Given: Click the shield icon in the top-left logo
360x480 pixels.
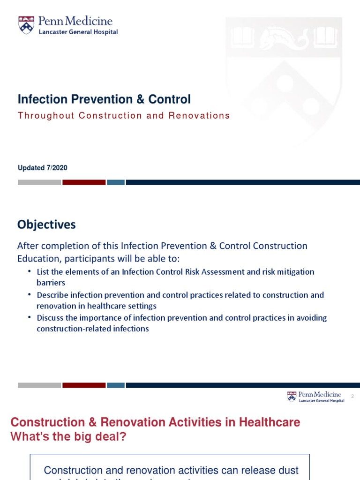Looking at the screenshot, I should point(26,25).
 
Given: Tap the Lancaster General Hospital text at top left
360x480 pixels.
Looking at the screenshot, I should point(78,32).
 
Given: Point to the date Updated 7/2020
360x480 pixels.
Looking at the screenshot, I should point(42,168).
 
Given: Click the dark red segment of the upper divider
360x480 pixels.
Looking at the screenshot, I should point(84,182).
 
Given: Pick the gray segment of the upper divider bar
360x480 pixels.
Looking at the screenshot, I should point(39,182).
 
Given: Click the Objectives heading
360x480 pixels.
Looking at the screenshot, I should point(46,225).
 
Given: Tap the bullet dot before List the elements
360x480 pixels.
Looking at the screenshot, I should point(30,271).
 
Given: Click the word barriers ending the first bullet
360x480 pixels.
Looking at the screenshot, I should point(51,283).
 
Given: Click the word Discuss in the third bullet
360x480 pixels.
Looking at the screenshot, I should point(50,318).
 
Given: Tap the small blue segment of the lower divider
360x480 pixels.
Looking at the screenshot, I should point(115,385).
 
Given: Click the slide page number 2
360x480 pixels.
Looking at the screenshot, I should point(352,397).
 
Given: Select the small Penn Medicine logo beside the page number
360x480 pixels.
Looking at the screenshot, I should point(315,397).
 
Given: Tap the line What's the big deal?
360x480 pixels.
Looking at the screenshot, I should point(68,436).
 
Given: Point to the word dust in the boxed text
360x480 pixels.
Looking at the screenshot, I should point(287,470).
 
